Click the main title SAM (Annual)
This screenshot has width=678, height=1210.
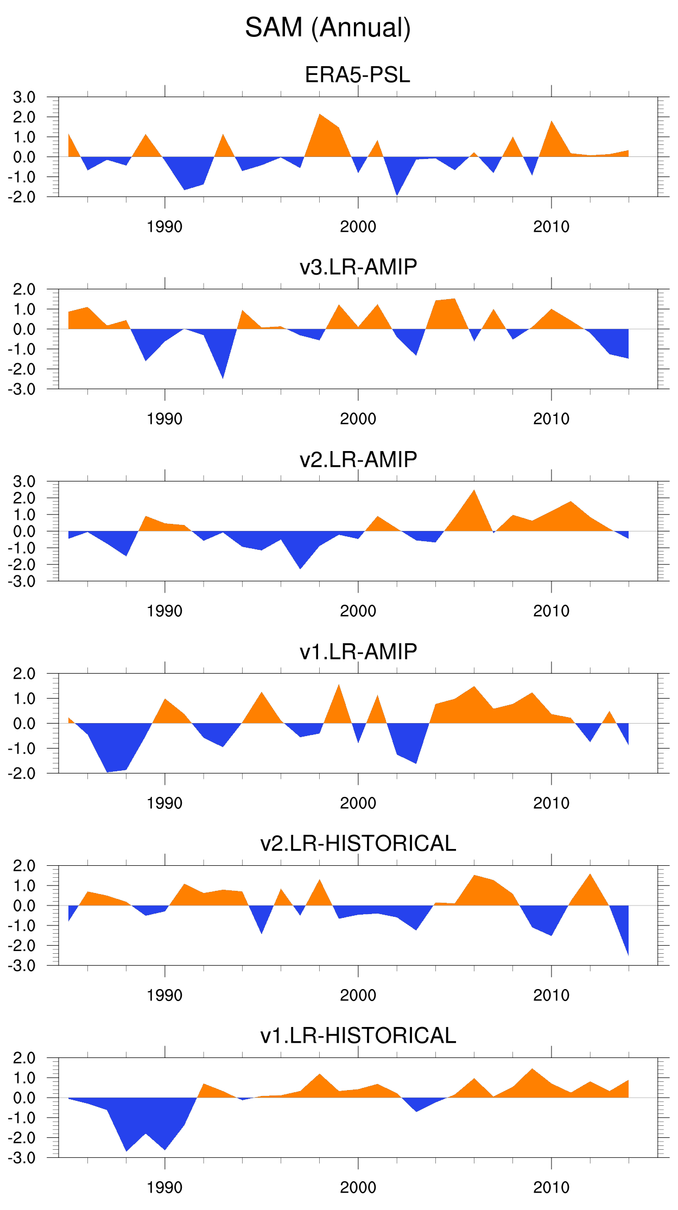(328, 28)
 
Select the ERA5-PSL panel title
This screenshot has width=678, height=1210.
(357, 75)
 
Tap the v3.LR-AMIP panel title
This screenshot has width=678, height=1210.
(358, 267)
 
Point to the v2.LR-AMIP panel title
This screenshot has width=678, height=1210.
(358, 459)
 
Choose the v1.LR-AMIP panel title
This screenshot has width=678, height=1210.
(358, 651)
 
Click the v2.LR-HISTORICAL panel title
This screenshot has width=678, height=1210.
(358, 844)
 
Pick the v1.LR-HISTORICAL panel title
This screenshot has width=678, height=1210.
(358, 1036)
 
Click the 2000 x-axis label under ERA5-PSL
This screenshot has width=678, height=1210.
(358, 227)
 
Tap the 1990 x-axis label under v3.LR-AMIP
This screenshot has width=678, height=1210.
(164, 419)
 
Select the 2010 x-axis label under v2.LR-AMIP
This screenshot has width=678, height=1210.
(551, 611)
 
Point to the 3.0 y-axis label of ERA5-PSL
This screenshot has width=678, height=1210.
(24, 97)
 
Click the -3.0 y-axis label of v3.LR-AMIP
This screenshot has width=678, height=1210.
(22, 389)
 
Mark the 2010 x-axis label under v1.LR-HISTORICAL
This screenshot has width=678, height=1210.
(551, 1188)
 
